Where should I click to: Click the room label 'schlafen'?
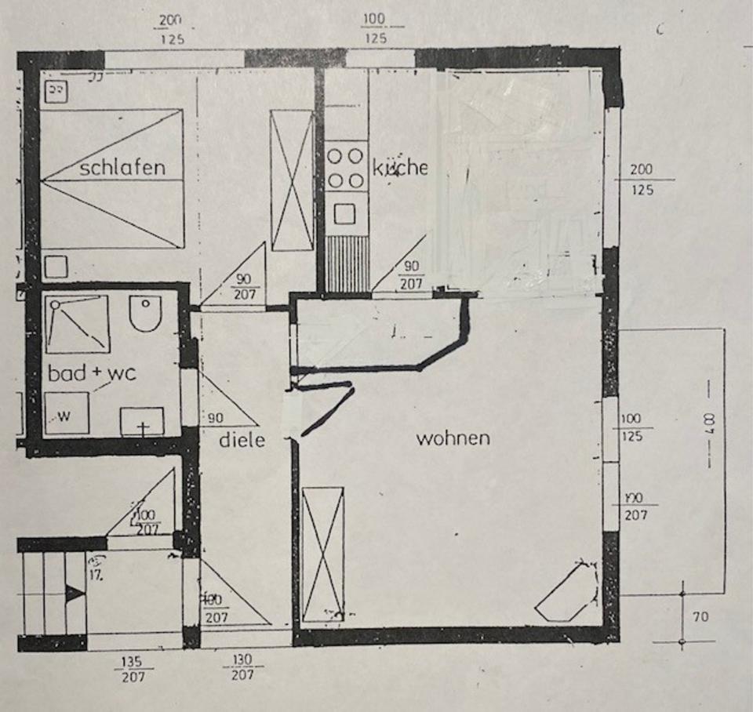(x=122, y=167)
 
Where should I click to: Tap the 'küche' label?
(x=399, y=167)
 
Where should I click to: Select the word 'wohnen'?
(x=453, y=438)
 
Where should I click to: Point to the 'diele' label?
(x=242, y=441)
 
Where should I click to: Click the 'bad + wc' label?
(x=92, y=373)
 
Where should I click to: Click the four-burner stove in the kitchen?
(x=345, y=167)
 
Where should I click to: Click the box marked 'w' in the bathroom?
(x=66, y=414)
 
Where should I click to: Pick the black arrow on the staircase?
(x=75, y=594)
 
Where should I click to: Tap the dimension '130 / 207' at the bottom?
(x=242, y=667)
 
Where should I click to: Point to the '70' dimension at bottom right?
(x=700, y=617)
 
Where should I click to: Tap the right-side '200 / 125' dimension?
(x=641, y=180)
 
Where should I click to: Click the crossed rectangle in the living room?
(x=322, y=554)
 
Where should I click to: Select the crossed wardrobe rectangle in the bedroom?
(x=292, y=180)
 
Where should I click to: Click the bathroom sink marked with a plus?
(x=142, y=422)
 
